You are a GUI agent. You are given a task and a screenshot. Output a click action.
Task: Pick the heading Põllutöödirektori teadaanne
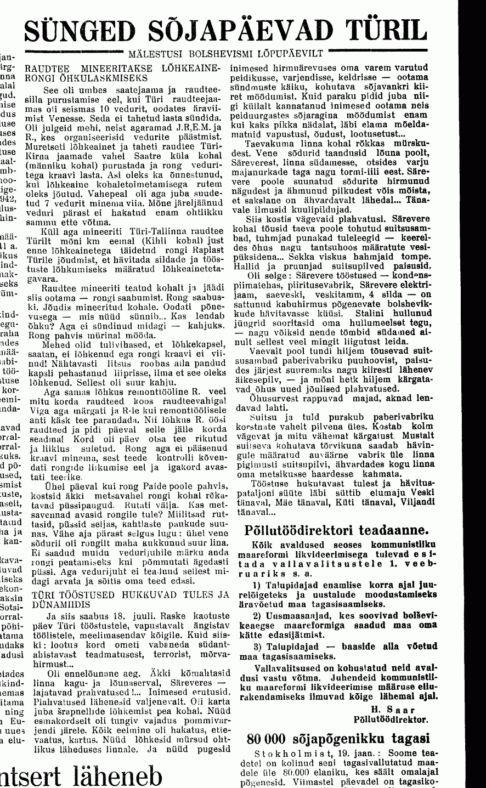pyautogui.click(x=336, y=530)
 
